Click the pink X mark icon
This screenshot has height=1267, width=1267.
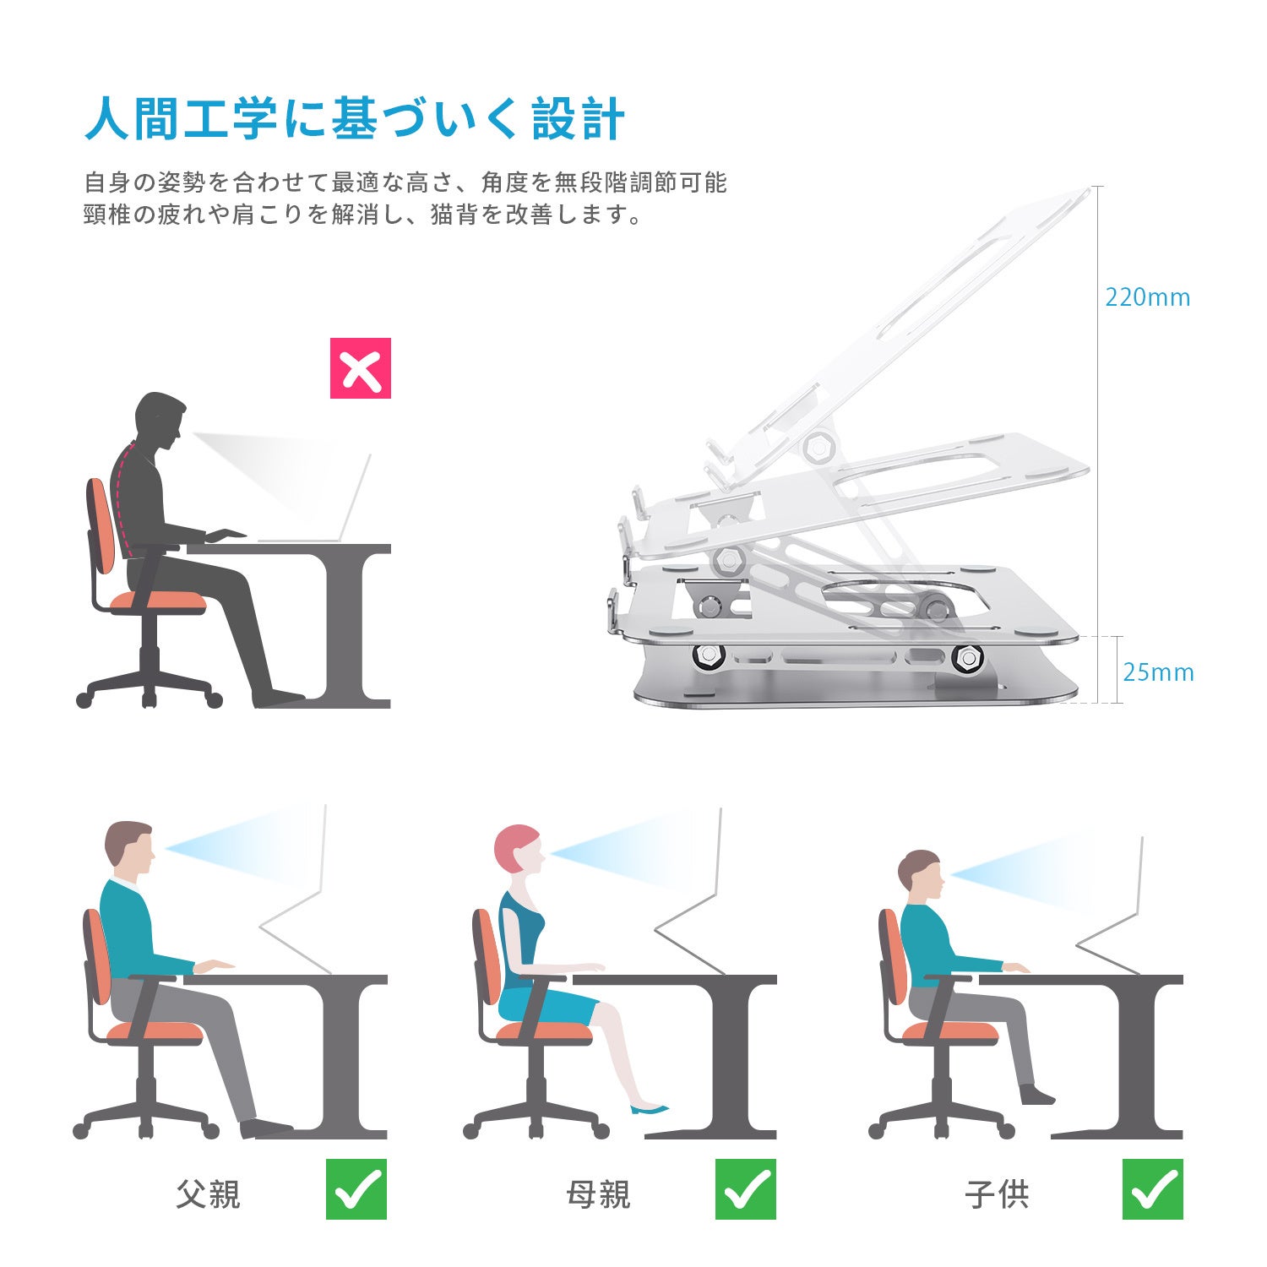tap(361, 368)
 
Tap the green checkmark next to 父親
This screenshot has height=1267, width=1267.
tap(356, 1188)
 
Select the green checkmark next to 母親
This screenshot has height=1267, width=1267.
tap(746, 1188)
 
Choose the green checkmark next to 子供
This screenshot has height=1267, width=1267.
tap(1153, 1188)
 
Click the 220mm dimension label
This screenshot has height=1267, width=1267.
tap(1148, 297)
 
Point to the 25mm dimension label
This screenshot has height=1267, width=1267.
tap(1158, 672)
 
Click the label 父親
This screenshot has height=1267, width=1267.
tap(209, 1194)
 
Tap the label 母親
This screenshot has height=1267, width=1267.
tap(598, 1194)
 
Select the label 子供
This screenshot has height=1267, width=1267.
tap(997, 1194)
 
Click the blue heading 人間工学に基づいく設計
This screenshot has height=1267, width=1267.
tap(355, 118)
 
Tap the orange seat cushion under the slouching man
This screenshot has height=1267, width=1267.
tap(158, 601)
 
